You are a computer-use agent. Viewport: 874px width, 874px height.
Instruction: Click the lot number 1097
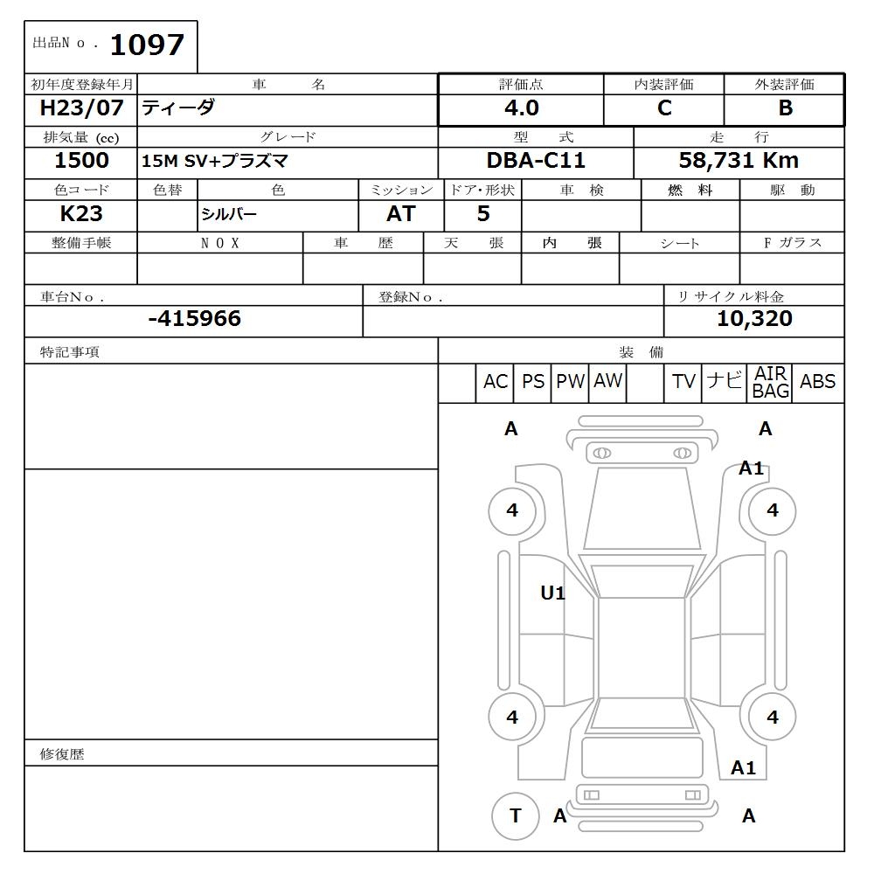(x=147, y=45)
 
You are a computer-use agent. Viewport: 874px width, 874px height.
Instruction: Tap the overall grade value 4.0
(x=521, y=108)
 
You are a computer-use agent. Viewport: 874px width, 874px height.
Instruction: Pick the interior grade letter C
(x=664, y=108)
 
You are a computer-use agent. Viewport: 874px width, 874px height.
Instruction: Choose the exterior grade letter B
(x=785, y=108)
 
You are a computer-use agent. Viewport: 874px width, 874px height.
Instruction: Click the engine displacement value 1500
(x=81, y=161)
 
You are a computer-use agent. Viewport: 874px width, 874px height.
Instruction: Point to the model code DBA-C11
(x=536, y=161)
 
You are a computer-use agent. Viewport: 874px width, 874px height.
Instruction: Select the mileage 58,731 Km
(x=739, y=161)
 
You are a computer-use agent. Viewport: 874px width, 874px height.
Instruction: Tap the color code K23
(x=81, y=214)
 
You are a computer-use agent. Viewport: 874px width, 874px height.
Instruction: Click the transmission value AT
(x=400, y=214)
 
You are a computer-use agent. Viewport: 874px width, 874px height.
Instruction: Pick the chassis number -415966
(x=194, y=319)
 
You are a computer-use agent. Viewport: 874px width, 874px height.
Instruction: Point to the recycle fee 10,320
(x=754, y=319)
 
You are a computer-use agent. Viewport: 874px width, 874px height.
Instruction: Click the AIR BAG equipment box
(x=771, y=383)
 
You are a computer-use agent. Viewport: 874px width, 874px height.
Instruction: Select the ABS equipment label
(x=817, y=382)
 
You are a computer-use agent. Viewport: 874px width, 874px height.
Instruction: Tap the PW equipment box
(x=570, y=382)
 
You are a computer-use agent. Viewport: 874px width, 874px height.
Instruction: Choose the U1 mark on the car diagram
(x=552, y=593)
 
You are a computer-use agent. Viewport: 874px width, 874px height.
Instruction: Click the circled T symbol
(x=515, y=815)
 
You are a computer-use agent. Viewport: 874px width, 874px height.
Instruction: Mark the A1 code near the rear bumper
(x=743, y=768)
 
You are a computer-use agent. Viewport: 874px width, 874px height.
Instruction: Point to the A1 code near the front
(x=752, y=468)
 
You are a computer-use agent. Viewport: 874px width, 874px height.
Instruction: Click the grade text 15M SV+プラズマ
(x=215, y=162)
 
